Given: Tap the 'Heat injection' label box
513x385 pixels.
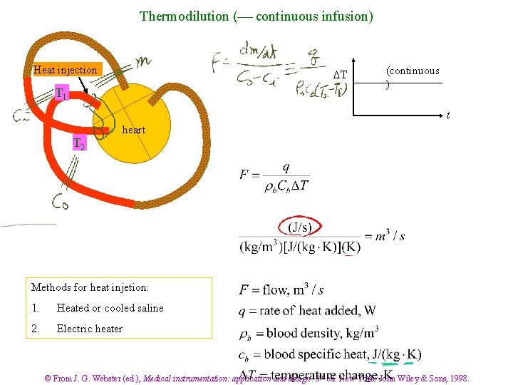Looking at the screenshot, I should point(65,70).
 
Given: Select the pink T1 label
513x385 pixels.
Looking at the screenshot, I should point(62,93).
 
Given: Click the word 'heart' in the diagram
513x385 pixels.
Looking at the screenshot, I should point(133,130).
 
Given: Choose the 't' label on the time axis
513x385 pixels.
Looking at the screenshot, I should point(447,114).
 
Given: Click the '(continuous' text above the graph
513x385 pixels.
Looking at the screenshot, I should point(413,71).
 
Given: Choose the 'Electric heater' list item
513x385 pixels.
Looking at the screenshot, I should point(89,329).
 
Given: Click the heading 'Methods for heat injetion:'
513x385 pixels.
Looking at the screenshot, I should point(90,287).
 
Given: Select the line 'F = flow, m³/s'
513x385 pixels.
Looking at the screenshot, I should point(281,290).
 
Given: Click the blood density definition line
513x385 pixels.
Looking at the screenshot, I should point(309,332).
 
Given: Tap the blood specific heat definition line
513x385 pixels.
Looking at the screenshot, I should point(330,354).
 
